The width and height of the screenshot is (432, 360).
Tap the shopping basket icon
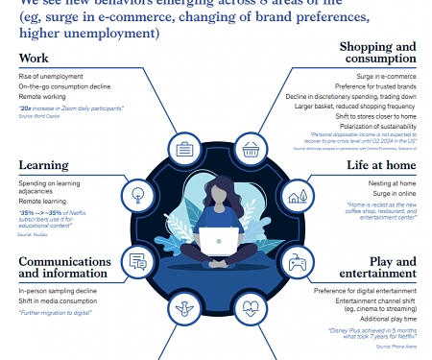(252, 149)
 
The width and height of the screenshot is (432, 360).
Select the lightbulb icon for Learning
(137, 196)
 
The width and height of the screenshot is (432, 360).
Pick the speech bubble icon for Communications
(138, 260)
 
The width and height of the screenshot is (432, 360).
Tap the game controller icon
(298, 260)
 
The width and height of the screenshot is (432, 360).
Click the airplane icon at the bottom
(183, 309)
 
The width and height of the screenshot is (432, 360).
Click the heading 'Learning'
(43, 165)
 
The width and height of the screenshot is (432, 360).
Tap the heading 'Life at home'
(382, 165)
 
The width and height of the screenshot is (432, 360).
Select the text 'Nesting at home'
(394, 182)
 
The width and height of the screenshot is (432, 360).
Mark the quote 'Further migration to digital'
(55, 312)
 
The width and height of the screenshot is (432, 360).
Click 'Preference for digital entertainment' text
(365, 290)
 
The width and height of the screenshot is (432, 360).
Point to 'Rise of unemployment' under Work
(49, 77)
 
